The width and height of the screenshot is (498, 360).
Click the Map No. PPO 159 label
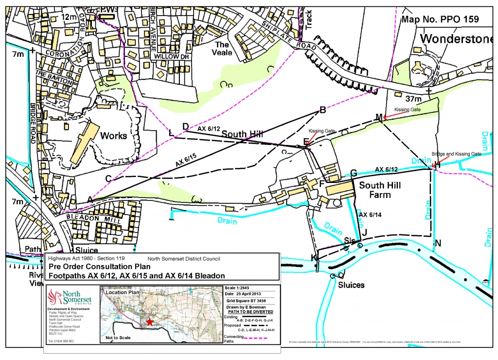tap(440, 19)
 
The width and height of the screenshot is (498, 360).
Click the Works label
tap(113, 136)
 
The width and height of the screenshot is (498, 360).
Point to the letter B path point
tap(322, 110)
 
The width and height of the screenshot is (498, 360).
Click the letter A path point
tap(89, 198)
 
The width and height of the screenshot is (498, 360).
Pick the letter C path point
tap(108, 178)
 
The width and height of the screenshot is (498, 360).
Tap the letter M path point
tap(379, 117)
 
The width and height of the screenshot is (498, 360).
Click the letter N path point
tap(438, 243)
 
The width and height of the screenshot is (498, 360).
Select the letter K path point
tap(314, 257)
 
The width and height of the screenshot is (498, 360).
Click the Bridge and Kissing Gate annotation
tap(457, 154)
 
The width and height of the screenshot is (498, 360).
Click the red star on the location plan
tap(150, 322)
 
